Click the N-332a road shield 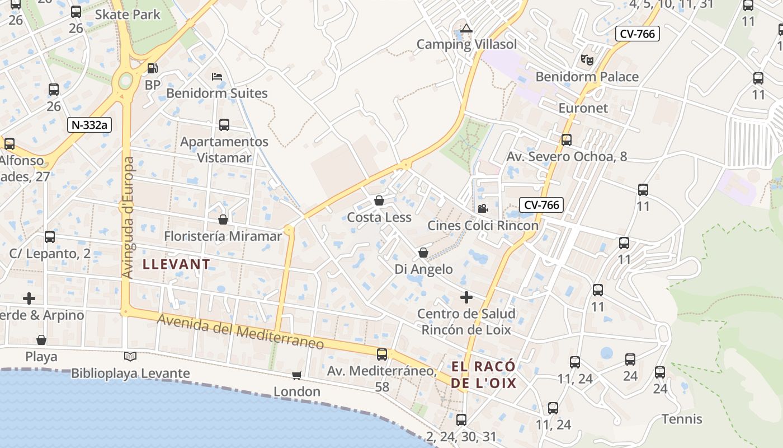[89, 125]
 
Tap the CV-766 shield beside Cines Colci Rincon [541, 205]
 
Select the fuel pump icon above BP [152, 68]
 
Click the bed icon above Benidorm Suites [217, 77]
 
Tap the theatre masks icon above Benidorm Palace [587, 59]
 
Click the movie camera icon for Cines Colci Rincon [483, 209]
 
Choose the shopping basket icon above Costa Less [379, 200]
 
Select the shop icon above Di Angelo [423, 253]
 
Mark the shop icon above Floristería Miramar [223, 220]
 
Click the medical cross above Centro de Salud [466, 297]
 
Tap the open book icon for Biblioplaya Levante [130, 356]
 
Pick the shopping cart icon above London [296, 375]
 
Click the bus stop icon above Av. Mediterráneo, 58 [382, 354]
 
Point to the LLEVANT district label [176, 264]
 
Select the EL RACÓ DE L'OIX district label [484, 375]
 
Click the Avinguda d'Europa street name [129, 217]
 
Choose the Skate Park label [128, 14]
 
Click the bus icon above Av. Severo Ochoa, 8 [567, 140]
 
